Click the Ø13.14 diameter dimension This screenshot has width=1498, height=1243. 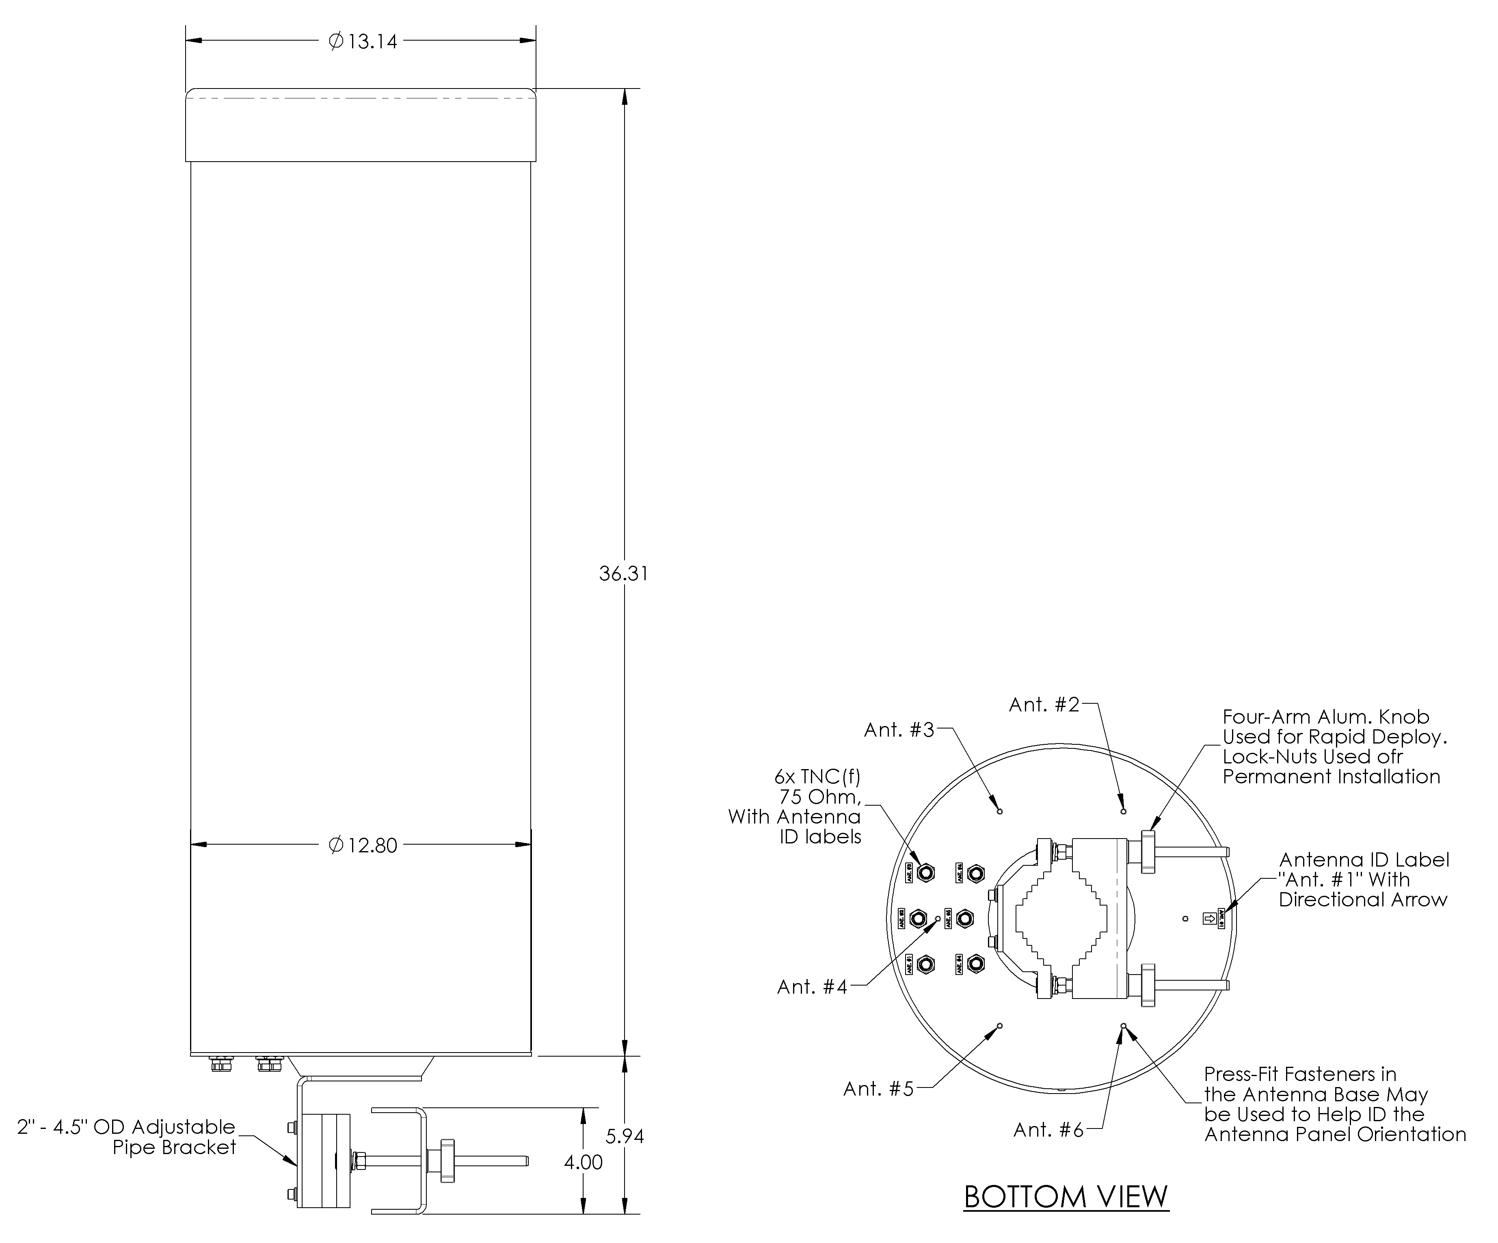[x=362, y=41]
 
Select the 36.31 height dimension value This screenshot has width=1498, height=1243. [x=623, y=573]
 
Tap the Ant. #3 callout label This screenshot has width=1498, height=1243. [x=899, y=730]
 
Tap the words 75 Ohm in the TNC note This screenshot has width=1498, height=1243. [x=819, y=797]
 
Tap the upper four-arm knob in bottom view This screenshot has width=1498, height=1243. [x=1148, y=851]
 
